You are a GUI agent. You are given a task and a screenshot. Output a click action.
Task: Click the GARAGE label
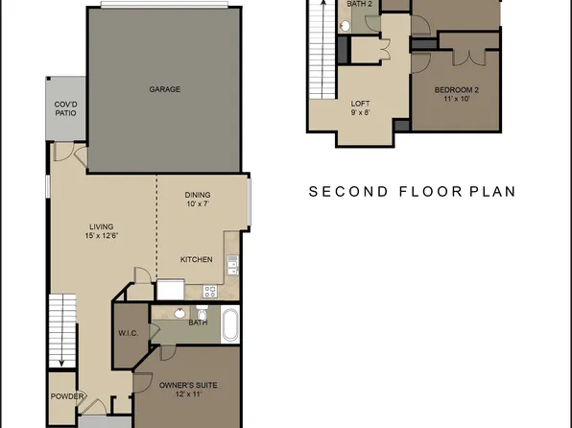(x=164, y=89)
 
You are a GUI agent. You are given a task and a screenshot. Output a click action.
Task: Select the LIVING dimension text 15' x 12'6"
(x=99, y=236)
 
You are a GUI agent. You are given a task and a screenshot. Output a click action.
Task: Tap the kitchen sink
(x=230, y=260)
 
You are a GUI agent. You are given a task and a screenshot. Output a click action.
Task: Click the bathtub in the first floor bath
(x=231, y=326)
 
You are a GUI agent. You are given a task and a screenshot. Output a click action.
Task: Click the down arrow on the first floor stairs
(x=61, y=360)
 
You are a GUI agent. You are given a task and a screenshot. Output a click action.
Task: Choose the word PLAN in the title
(x=491, y=192)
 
